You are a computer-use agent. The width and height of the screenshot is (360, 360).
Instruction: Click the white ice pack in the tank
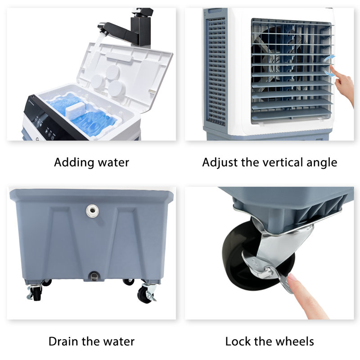[x=75, y=110]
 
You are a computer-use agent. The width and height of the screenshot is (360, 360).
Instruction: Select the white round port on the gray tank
[x=92, y=211]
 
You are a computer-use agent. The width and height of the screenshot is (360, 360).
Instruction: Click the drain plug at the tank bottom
[x=94, y=276]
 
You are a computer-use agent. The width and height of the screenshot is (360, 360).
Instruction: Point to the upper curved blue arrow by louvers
[x=329, y=59]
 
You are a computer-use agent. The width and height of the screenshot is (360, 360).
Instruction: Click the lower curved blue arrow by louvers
[x=329, y=73]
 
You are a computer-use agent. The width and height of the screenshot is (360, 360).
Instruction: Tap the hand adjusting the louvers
[x=343, y=85]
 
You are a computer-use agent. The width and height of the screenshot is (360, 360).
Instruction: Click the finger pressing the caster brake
[x=306, y=296]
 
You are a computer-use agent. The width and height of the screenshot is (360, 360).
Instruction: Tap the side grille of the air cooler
[x=216, y=72]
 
